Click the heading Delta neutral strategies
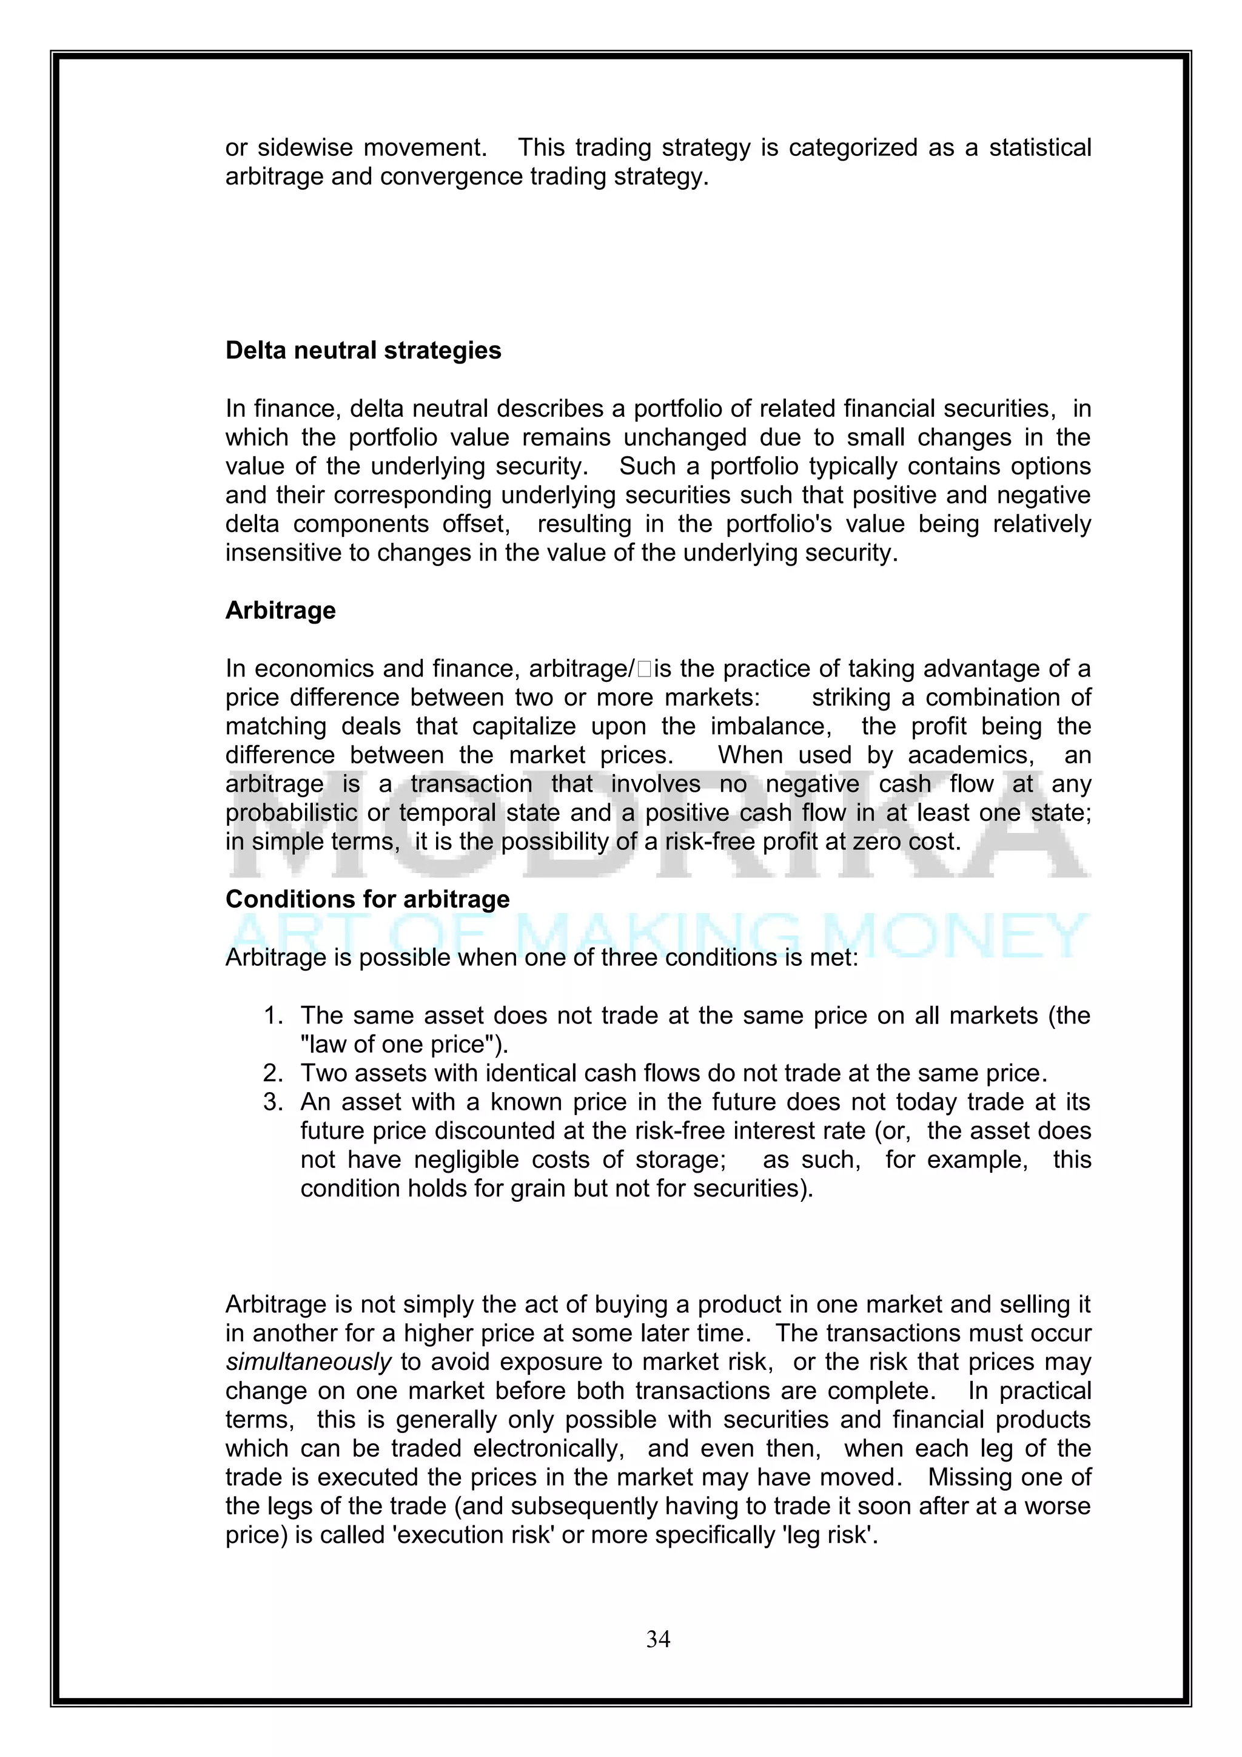(363, 351)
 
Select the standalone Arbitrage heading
(281, 611)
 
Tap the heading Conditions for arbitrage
(367, 899)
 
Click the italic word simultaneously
(308, 1362)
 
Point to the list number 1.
(272, 1016)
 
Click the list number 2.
(272, 1074)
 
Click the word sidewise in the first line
(305, 147)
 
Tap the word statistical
(1040, 147)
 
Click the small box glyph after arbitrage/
(643, 670)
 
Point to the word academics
(970, 755)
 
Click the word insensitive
(284, 553)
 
